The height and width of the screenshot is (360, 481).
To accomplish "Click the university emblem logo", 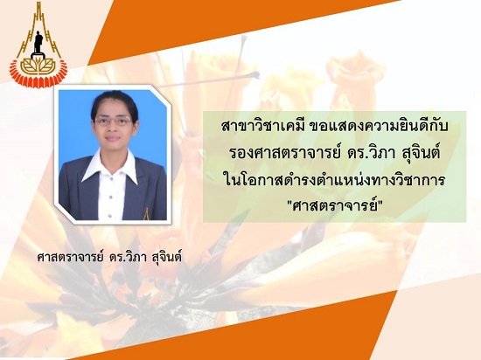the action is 38,45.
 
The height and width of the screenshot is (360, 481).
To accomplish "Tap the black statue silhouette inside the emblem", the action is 38,42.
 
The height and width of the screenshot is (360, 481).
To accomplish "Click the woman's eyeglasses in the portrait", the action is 114,121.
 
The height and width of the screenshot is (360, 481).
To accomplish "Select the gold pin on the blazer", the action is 146,214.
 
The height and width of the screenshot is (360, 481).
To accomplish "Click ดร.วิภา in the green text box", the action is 371,154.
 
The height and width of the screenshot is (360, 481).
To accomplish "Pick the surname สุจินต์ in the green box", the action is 421,154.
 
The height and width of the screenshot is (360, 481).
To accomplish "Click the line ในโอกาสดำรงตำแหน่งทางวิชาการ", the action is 334,180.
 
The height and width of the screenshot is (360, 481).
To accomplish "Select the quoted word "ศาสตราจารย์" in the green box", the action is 334,206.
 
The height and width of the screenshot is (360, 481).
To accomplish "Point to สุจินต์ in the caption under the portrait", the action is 166,257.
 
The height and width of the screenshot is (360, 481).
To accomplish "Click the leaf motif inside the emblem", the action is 38,66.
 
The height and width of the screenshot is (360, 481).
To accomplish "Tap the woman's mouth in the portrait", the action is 113,137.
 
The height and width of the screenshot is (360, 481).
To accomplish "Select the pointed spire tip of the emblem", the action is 38,3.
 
